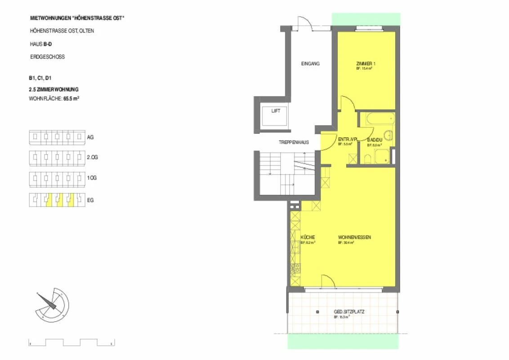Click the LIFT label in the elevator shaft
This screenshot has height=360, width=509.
275,111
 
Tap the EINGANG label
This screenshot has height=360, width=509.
310,64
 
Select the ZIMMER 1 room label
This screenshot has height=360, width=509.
366,64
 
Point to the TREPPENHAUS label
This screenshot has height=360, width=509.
294,142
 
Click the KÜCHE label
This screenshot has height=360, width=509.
308,238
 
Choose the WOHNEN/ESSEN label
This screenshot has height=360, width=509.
354,238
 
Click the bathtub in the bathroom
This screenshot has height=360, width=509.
380,119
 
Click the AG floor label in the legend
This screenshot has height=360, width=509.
90,136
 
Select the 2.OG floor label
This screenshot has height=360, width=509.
92,157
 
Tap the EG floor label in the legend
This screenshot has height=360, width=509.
90,199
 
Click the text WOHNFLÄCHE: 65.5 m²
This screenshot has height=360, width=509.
54,98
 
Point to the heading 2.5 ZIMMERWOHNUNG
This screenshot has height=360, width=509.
54,89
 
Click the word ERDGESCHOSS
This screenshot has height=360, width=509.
47,57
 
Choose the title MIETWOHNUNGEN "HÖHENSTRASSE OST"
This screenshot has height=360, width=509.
77,18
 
